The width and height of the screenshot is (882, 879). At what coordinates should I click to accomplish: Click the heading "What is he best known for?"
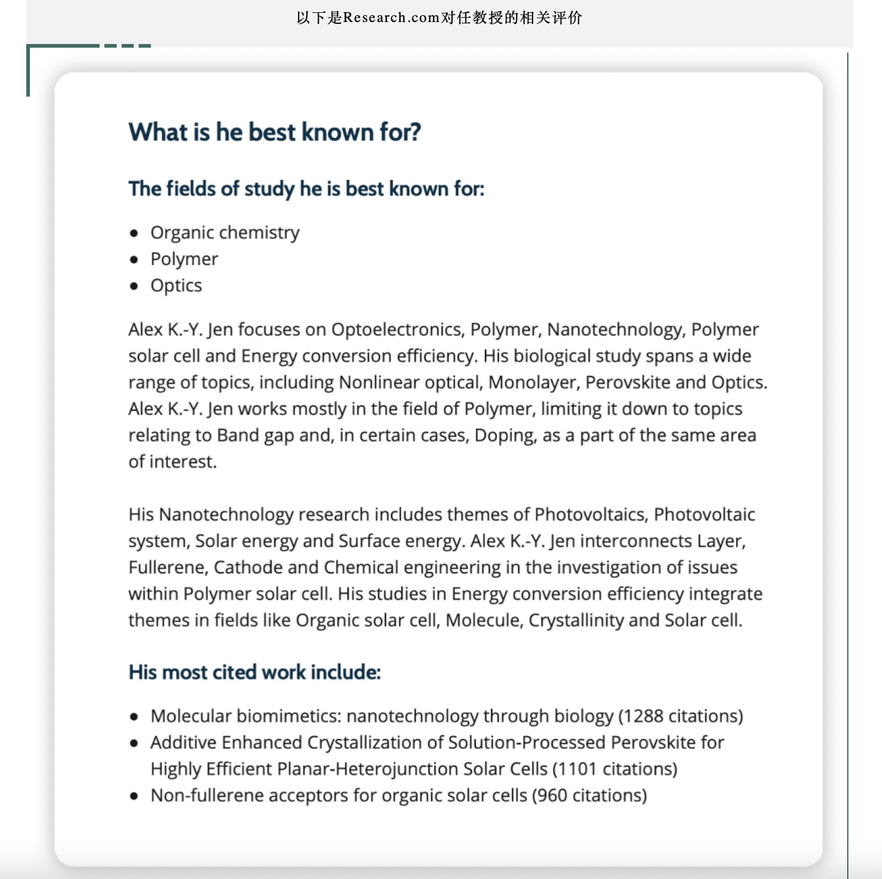[274, 132]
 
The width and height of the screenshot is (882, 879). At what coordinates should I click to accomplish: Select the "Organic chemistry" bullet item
[225, 233]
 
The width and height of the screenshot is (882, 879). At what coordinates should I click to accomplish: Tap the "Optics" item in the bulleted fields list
[176, 285]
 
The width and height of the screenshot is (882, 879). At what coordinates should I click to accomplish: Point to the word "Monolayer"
[534, 383]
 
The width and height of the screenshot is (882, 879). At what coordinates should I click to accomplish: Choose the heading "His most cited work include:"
[255, 672]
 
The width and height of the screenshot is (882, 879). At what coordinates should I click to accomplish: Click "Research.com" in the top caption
[392, 18]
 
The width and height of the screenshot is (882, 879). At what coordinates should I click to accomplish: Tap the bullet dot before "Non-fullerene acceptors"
[134, 796]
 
